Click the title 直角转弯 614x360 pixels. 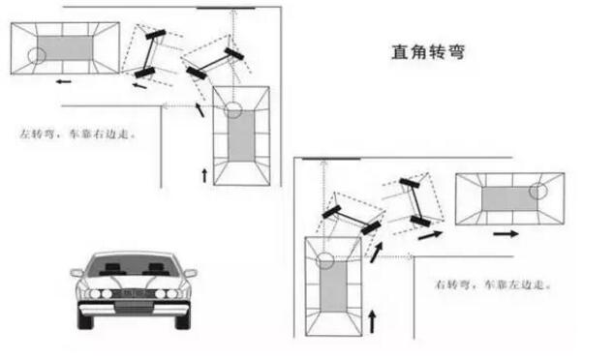[428, 52]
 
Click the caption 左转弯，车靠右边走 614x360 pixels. [77, 135]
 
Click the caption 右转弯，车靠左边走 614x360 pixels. [493, 285]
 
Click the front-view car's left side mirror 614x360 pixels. [77, 273]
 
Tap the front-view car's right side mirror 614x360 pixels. [191, 273]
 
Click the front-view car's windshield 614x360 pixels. [134, 265]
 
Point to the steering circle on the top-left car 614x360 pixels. [37, 56]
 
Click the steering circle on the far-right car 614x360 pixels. [538, 191]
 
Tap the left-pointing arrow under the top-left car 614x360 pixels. [64, 81]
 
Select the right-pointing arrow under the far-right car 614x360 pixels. [506, 234]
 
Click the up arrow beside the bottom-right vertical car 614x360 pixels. [373, 321]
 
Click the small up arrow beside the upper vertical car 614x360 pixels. [204, 176]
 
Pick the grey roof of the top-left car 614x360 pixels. [66, 48]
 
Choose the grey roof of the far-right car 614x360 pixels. [509, 198]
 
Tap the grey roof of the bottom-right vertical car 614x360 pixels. [333, 286]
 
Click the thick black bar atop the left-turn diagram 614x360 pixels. [226, 8]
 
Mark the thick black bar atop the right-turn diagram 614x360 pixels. [331, 159]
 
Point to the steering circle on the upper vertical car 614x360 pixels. [232, 109]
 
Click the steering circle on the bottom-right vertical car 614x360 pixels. [324, 260]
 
